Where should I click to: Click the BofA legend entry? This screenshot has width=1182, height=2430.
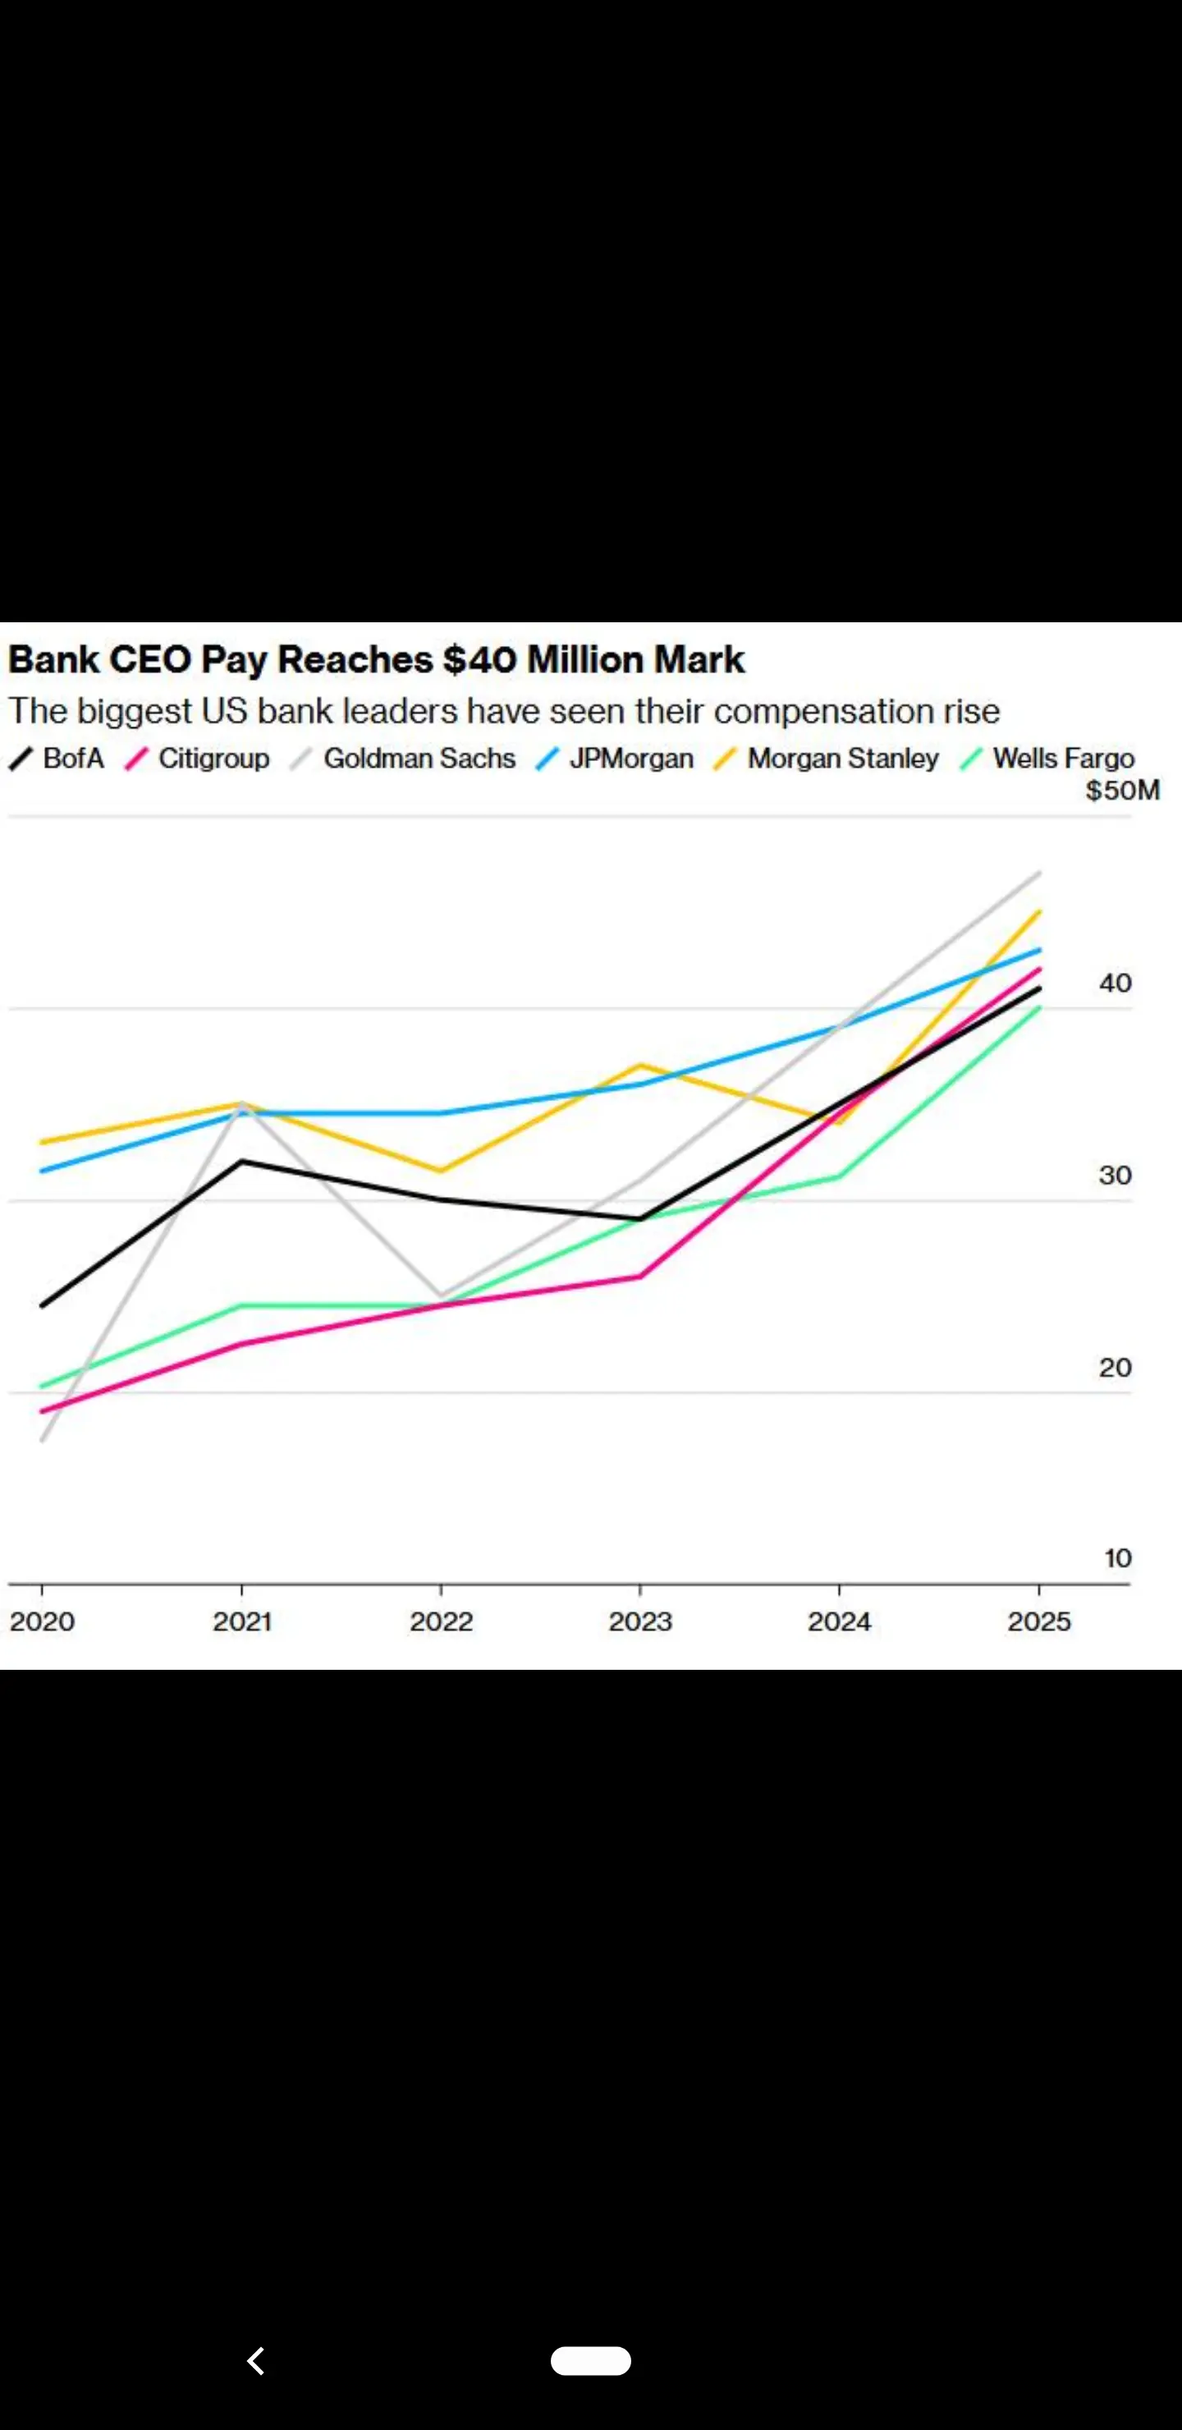pyautogui.click(x=57, y=759)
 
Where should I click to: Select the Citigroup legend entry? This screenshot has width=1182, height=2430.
pyautogui.click(x=198, y=759)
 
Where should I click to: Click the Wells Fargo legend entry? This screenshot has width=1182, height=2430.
pyautogui.click(x=1048, y=759)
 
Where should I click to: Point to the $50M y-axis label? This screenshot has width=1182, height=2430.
pyautogui.click(x=1121, y=791)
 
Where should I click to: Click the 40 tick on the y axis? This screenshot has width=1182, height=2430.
pyautogui.click(x=1114, y=983)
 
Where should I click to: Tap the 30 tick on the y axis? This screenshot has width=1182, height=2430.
pyautogui.click(x=1114, y=1176)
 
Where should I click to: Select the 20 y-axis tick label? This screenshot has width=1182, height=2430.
pyautogui.click(x=1114, y=1368)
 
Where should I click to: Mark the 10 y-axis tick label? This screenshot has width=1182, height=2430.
pyautogui.click(x=1117, y=1558)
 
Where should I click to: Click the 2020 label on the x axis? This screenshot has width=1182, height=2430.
pyautogui.click(x=43, y=1621)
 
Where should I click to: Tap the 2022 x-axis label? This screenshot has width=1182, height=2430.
pyautogui.click(x=441, y=1621)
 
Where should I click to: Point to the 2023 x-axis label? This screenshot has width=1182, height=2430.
pyautogui.click(x=639, y=1621)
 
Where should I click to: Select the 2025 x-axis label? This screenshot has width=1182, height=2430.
pyautogui.click(x=1038, y=1621)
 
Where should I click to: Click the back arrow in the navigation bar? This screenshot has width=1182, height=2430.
pyautogui.click(x=255, y=2360)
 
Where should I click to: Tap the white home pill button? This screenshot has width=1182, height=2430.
pyautogui.click(x=590, y=2360)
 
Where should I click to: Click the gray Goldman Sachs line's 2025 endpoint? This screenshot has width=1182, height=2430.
pyautogui.click(x=1038, y=873)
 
